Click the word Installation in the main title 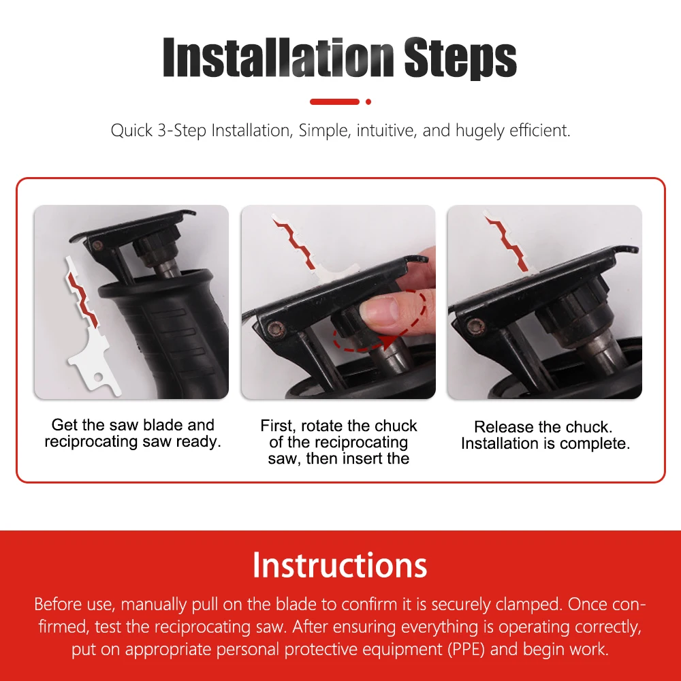(279, 57)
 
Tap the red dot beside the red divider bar (368, 102)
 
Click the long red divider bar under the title (334, 102)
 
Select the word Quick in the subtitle (131, 130)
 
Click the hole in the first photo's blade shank (99, 377)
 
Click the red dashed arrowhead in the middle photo (388, 341)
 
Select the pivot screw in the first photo (97, 245)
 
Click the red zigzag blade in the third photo (507, 243)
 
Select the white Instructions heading (340, 565)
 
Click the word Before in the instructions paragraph (58, 604)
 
